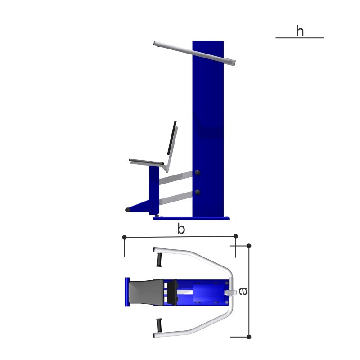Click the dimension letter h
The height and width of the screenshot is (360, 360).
(300, 31)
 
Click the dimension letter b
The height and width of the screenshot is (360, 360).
(181, 229)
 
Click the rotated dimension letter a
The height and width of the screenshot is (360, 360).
(243, 291)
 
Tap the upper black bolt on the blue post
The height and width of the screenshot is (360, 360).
(198, 172)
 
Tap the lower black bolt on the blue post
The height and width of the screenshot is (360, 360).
(198, 193)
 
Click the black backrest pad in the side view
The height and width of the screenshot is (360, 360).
(172, 138)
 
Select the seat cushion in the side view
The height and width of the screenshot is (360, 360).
(146, 162)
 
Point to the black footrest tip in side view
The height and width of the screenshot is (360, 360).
(127, 210)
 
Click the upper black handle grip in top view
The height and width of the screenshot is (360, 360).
(159, 260)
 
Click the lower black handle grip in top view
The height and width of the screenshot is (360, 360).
(159, 325)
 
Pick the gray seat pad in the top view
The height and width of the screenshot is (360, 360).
(146, 292)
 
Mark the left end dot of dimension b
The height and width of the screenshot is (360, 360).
(125, 237)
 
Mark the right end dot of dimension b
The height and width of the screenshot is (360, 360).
(235, 236)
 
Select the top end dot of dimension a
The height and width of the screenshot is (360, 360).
(249, 246)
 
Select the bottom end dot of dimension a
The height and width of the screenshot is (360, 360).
(249, 337)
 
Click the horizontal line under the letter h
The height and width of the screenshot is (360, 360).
(300, 38)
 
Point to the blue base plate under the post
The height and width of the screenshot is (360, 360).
(191, 219)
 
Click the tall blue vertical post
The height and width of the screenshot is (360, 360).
(208, 129)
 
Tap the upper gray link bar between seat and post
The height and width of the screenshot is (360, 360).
(175, 178)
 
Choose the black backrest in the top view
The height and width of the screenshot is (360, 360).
(172, 292)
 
